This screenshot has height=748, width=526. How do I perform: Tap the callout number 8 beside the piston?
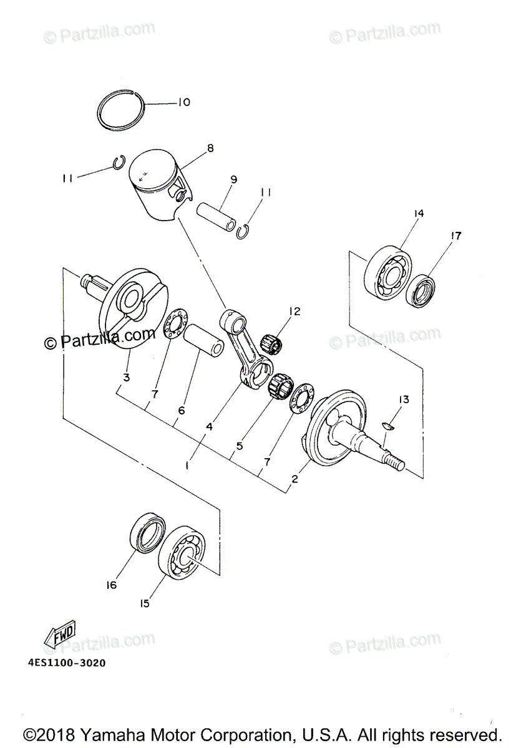click(210, 148)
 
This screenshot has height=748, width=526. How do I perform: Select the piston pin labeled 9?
click(215, 217)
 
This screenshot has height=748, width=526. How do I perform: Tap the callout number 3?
click(126, 378)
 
